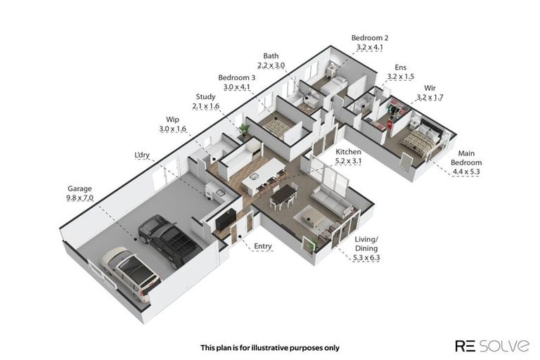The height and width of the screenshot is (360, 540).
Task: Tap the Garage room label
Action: pos(79,188)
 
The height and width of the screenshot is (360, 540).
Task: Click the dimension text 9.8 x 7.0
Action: pos(79,198)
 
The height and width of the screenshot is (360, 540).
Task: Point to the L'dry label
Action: pos(142,155)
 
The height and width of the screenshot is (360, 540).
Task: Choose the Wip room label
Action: pos(173,120)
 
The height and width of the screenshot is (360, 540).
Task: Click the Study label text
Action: pos(205,96)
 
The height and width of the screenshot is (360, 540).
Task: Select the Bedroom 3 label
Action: pos(236,77)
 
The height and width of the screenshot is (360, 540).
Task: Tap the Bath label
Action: pos(271,56)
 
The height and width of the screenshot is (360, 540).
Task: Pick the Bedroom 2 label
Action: pos(368,38)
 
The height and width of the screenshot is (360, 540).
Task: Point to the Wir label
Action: pos(429,88)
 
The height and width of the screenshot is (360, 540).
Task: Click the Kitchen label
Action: pos(348,152)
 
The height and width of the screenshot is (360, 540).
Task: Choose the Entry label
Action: pos(262,246)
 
